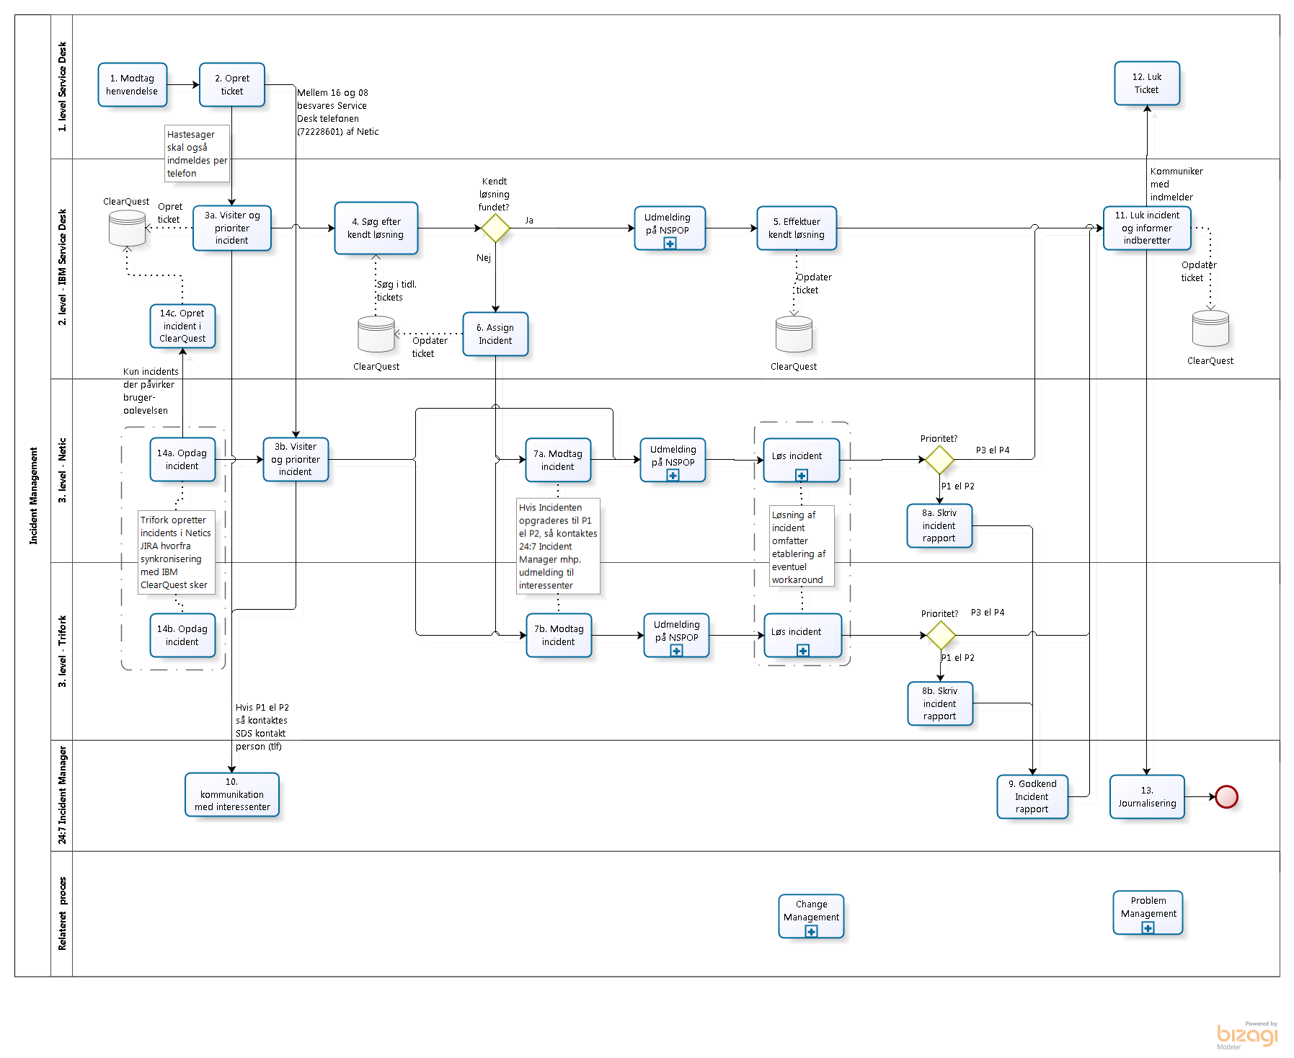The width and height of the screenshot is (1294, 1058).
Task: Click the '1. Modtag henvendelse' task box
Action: [x=133, y=85]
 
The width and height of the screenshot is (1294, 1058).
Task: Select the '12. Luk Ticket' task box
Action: [x=1146, y=84]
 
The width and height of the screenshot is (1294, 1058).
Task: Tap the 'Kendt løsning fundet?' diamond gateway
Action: [x=495, y=228]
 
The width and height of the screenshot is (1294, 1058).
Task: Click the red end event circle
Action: [x=1226, y=796]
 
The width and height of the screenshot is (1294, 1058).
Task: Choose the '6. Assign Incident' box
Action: [x=495, y=334]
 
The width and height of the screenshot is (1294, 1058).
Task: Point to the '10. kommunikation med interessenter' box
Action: [x=232, y=794]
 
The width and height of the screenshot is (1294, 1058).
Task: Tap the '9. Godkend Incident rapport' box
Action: [x=1032, y=796]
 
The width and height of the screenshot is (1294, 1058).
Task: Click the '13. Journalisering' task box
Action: [x=1147, y=796]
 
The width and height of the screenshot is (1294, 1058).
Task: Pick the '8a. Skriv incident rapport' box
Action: [x=939, y=525]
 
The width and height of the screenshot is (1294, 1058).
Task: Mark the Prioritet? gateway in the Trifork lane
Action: [x=940, y=635]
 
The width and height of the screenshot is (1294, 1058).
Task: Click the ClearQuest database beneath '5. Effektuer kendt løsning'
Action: [x=794, y=334]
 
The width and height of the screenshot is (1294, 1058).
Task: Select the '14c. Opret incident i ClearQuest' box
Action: [x=182, y=326]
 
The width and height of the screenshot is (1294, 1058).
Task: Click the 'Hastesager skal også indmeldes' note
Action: [x=197, y=154]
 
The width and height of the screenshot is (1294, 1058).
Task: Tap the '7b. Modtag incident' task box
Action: [x=559, y=635]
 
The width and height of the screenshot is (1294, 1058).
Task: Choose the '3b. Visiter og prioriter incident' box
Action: [x=296, y=459]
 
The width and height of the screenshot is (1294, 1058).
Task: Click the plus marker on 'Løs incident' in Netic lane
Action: [x=801, y=475]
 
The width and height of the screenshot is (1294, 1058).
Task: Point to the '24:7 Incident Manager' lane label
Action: [x=62, y=795]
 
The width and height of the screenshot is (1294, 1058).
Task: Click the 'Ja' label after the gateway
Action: [x=529, y=221]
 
